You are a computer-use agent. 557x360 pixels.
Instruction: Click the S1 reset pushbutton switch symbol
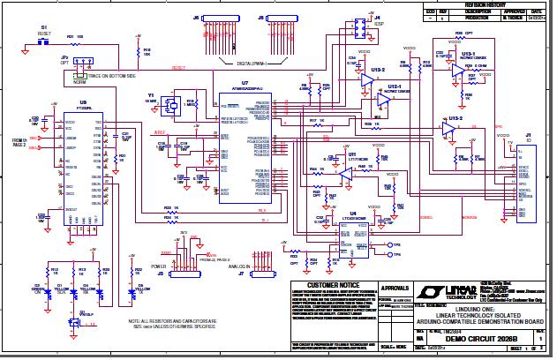(x=43, y=38)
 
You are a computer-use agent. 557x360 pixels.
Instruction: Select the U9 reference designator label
(x=83, y=103)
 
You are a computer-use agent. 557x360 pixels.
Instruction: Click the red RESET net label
(x=178, y=67)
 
